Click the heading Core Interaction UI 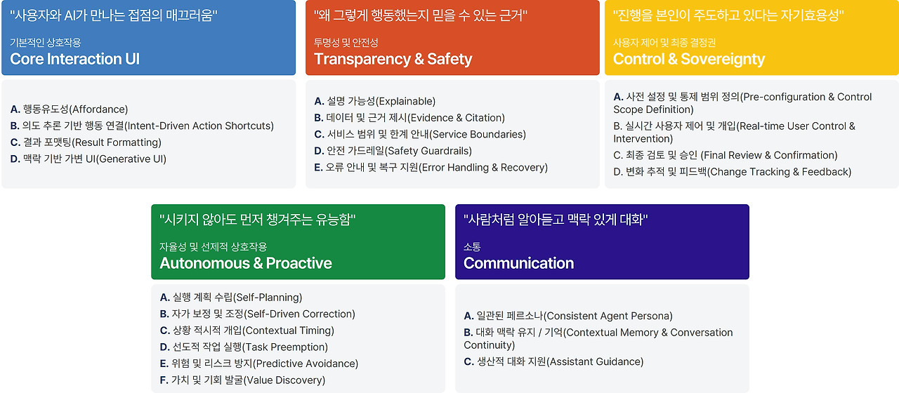(74, 59)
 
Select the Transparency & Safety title (393, 59)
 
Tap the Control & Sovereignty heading (689, 59)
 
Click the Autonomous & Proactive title (246, 263)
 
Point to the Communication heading (518, 263)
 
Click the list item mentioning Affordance (69, 109)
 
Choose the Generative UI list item (88, 159)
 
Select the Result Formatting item (86, 142)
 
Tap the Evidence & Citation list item (409, 118)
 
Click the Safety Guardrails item (393, 151)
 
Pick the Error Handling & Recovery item (431, 167)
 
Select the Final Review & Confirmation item (726, 155)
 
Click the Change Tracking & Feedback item (732, 172)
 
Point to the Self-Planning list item (231, 297)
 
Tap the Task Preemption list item (244, 347)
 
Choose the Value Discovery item (242, 380)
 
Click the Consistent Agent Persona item (568, 316)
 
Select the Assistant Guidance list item (553, 361)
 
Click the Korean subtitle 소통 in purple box (472, 246)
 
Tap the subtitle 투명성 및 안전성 (346, 43)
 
